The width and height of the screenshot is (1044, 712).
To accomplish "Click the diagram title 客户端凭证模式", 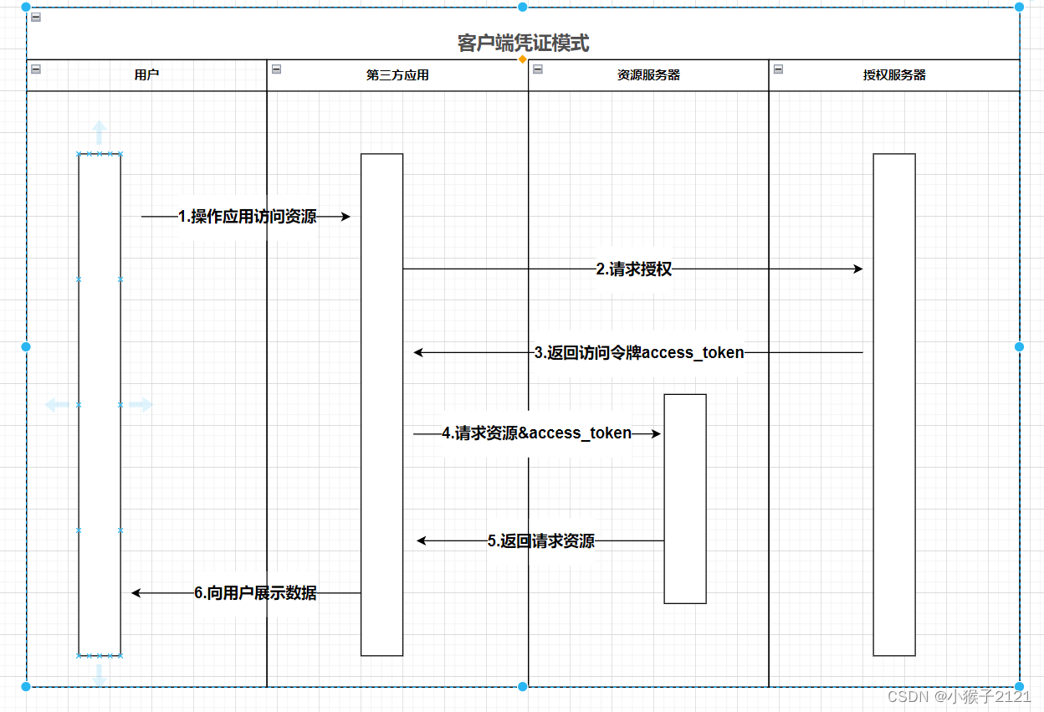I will (523, 43).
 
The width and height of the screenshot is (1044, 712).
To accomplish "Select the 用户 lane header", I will (146, 75).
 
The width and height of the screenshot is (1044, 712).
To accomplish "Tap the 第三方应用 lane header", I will (397, 75).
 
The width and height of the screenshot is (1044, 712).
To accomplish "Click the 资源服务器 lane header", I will (648, 75).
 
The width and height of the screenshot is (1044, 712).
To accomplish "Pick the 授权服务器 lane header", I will (894, 75).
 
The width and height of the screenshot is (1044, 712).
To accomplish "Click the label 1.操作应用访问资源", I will (248, 217).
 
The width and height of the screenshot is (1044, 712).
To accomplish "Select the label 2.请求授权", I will (633, 269).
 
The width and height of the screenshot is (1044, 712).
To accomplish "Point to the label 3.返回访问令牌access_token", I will (639, 353).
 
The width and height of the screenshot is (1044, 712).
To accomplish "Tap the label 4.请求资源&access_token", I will (537, 433).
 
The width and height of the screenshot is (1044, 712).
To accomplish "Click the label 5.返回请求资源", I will (541, 541).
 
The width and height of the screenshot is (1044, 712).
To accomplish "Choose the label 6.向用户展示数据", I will (255, 593).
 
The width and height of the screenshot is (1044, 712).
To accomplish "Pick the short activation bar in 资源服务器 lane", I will (685, 499).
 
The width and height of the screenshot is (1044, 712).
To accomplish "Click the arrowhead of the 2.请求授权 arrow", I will (857, 269).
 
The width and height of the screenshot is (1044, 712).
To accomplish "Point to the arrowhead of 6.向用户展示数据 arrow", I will (136, 593).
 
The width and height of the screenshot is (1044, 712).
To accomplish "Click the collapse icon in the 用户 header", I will (36, 69).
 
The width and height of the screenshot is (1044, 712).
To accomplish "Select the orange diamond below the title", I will (523, 59).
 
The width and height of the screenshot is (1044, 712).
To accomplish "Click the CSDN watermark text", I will (959, 696).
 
